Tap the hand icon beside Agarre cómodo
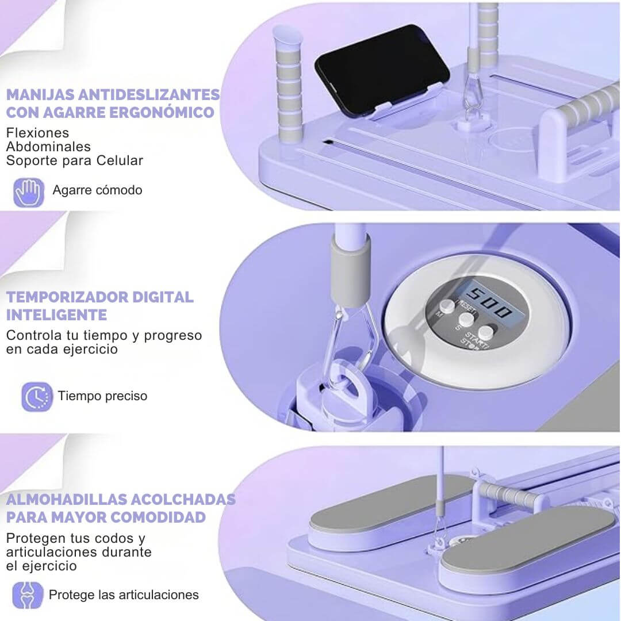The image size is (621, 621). click(x=29, y=193)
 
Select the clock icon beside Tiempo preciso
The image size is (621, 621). click(x=37, y=397)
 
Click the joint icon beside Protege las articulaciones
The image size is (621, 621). click(x=28, y=595)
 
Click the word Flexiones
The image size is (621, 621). click(x=37, y=133)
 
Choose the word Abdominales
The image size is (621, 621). click(x=48, y=147)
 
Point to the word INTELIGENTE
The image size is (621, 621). click(x=56, y=315)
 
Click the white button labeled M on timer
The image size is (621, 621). click(x=447, y=306)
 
